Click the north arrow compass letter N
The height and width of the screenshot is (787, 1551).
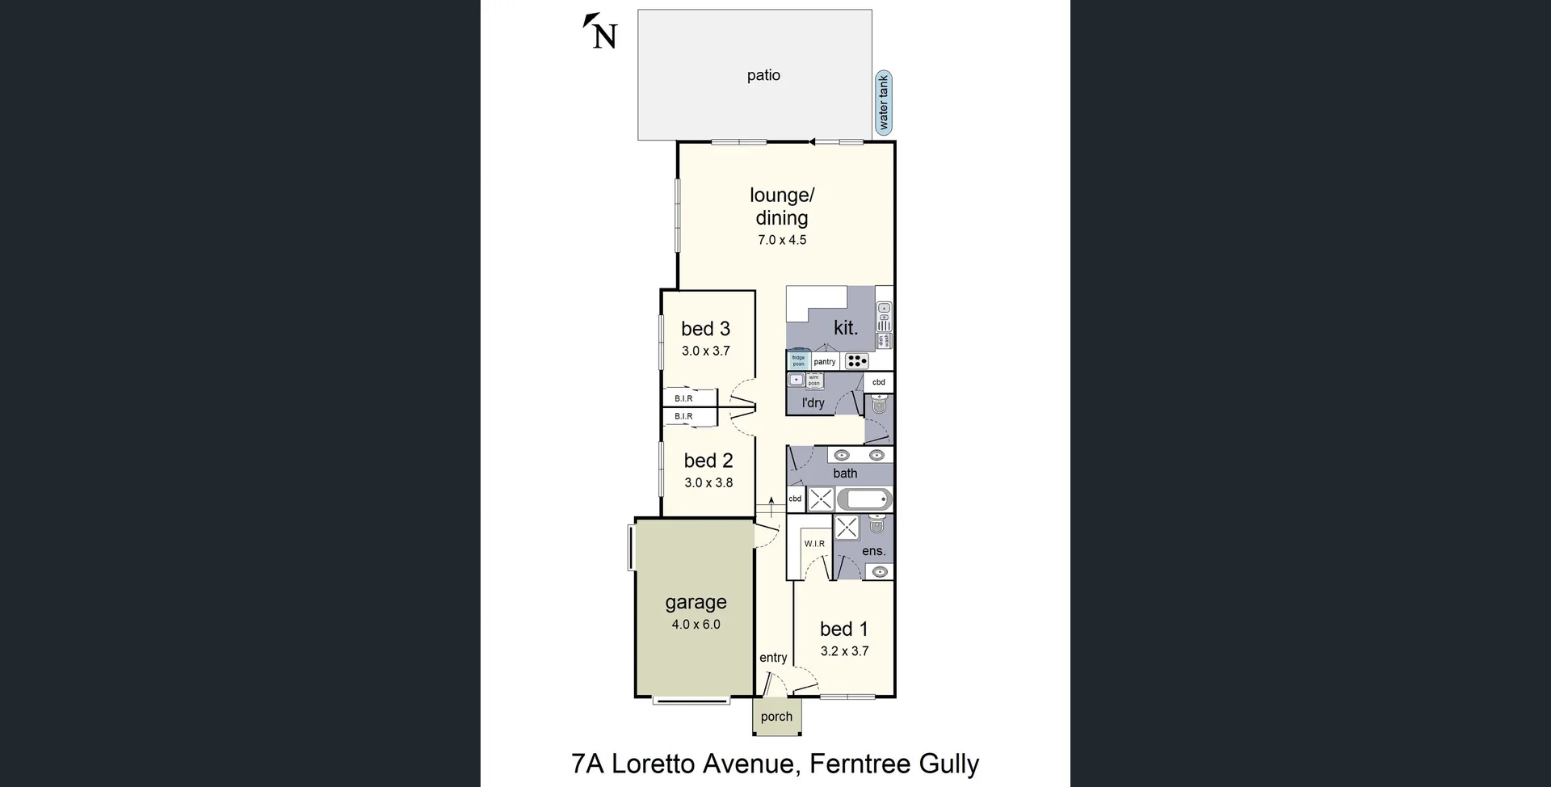(604, 36)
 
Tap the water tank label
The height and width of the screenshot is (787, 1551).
(884, 103)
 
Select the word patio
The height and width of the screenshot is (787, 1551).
(763, 75)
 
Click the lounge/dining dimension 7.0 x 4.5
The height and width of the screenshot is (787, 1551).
(781, 240)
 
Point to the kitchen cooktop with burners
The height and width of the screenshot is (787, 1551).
(857, 361)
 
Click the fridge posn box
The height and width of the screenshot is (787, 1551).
(798, 360)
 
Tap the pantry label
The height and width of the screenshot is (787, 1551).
(825, 362)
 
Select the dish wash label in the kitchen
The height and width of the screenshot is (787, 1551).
(884, 341)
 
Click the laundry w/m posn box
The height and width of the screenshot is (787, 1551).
(814, 380)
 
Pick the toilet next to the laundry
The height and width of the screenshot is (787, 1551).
(879, 406)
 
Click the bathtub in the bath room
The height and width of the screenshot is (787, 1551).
(864, 499)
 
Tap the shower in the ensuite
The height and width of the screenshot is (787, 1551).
(847, 528)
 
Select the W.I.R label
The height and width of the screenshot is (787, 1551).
(814, 544)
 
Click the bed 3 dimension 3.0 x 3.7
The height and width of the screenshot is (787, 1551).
(705, 351)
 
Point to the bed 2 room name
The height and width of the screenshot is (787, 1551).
(708, 461)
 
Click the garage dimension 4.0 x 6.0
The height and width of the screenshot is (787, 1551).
(696, 625)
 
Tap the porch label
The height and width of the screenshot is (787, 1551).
(776, 717)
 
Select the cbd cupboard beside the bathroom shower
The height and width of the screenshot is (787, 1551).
(795, 499)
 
